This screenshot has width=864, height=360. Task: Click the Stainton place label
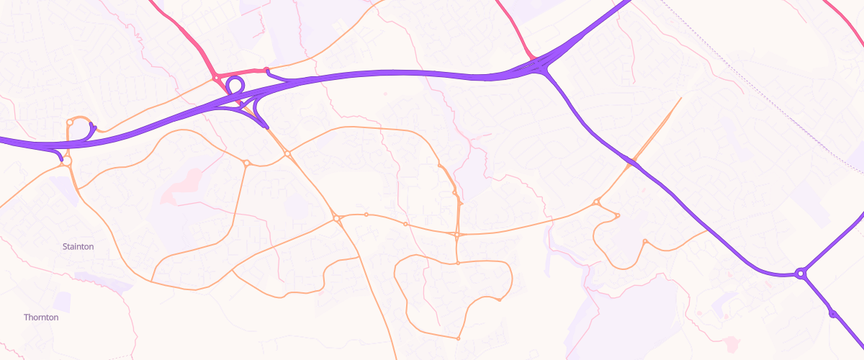(78, 246)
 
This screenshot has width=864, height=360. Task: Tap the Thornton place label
(41, 317)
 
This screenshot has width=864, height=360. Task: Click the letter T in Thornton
(27, 317)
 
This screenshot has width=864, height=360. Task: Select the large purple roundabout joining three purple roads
(800, 274)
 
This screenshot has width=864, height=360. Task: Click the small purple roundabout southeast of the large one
(833, 313)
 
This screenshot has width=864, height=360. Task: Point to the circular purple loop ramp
(235, 86)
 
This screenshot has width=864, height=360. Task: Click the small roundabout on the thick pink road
(215, 77)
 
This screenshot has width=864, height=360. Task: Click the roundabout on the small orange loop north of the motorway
(70, 122)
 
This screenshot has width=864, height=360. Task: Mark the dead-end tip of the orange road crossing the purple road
(680, 98)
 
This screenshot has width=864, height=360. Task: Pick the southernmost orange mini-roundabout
(458, 338)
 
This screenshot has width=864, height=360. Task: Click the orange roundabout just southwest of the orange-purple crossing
(597, 202)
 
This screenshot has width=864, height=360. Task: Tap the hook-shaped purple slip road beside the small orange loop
(92, 130)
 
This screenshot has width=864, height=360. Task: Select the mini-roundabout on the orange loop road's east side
(499, 300)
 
